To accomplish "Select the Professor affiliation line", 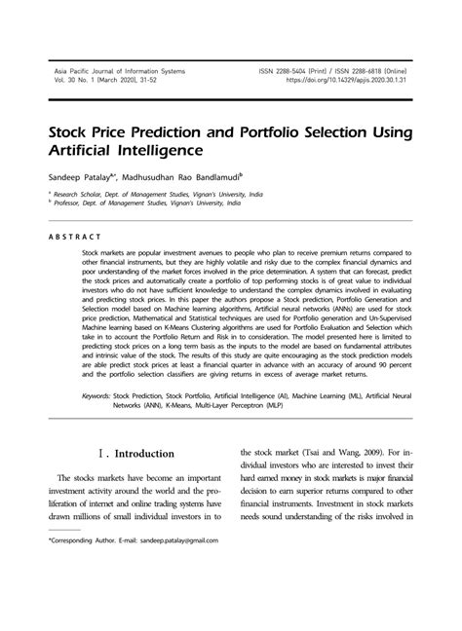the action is point(147,204).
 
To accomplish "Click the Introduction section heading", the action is point(145,454).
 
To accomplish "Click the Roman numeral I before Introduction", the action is point(103,454).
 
